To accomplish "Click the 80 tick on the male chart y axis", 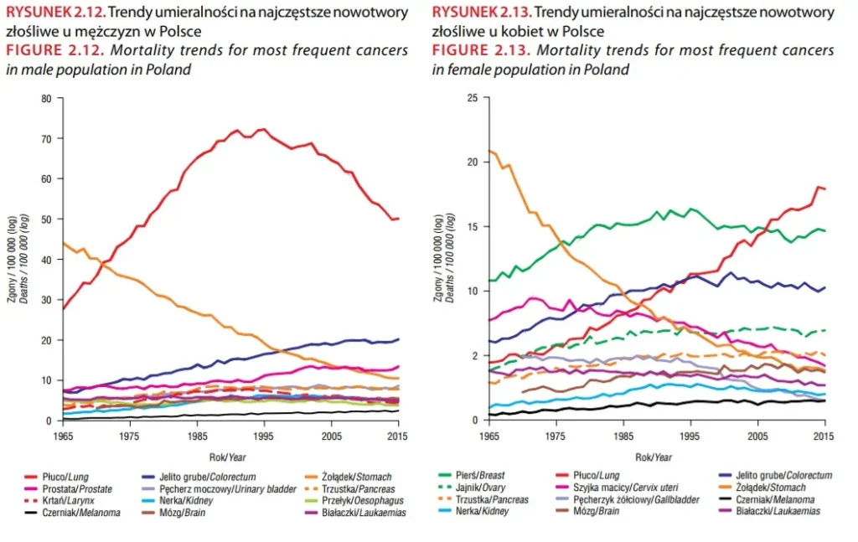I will pyautogui.click(x=46, y=98).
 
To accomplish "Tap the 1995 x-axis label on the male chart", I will pyautogui.click(x=265, y=437).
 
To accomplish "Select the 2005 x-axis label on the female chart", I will pyautogui.click(x=758, y=437).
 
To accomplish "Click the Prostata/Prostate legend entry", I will pyautogui.click(x=71, y=488).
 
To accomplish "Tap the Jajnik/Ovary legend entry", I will pyautogui.click(x=487, y=488).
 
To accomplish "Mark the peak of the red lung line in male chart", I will pyautogui.click(x=263, y=129).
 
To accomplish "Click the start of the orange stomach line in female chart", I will pyautogui.click(x=489, y=151).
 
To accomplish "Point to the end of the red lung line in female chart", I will pyautogui.click(x=824, y=188).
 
